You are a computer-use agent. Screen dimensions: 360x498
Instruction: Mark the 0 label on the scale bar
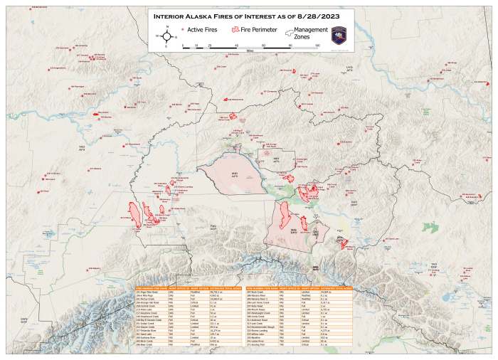[184, 45]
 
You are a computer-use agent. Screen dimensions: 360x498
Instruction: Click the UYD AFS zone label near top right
[349, 68]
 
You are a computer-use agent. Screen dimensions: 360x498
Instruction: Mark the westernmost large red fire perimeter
[133, 213]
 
